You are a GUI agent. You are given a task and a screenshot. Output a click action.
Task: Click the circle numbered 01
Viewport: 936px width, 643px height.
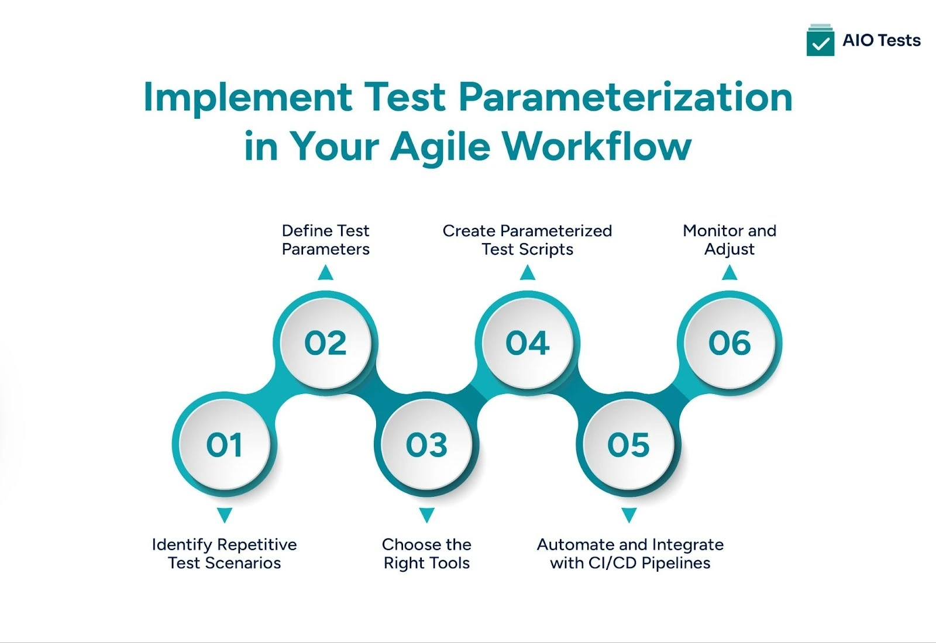(224, 445)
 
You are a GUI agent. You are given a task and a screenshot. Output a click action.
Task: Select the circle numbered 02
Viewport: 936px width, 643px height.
(325, 343)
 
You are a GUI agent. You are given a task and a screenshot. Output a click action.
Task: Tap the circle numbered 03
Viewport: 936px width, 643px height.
(426, 445)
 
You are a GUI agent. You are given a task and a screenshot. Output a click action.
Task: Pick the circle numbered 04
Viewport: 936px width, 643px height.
(527, 343)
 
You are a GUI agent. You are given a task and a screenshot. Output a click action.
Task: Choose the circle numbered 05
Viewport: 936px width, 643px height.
(628, 445)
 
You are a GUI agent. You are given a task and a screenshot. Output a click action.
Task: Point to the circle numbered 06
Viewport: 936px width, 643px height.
(729, 343)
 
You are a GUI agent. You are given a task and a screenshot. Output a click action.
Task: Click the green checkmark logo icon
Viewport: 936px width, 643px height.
(820, 40)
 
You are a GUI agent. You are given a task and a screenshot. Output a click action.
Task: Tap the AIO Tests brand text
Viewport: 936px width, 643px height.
(881, 40)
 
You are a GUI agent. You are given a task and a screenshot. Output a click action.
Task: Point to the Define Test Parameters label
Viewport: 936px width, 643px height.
(325, 240)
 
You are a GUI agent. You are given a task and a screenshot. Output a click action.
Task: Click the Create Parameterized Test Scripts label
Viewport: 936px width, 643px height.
(527, 240)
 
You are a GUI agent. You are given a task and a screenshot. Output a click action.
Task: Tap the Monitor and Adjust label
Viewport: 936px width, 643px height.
(729, 240)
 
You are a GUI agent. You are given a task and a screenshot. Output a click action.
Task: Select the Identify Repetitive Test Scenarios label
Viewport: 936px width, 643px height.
(224, 554)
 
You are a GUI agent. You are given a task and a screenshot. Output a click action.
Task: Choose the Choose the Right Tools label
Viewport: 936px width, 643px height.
(426, 554)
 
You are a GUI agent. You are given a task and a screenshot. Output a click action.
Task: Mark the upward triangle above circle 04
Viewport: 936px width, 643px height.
(527, 273)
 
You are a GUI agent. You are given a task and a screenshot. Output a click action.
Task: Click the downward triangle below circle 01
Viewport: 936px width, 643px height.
(224, 515)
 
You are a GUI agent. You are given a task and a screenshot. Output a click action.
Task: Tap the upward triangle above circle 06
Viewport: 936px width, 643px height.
(729, 273)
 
